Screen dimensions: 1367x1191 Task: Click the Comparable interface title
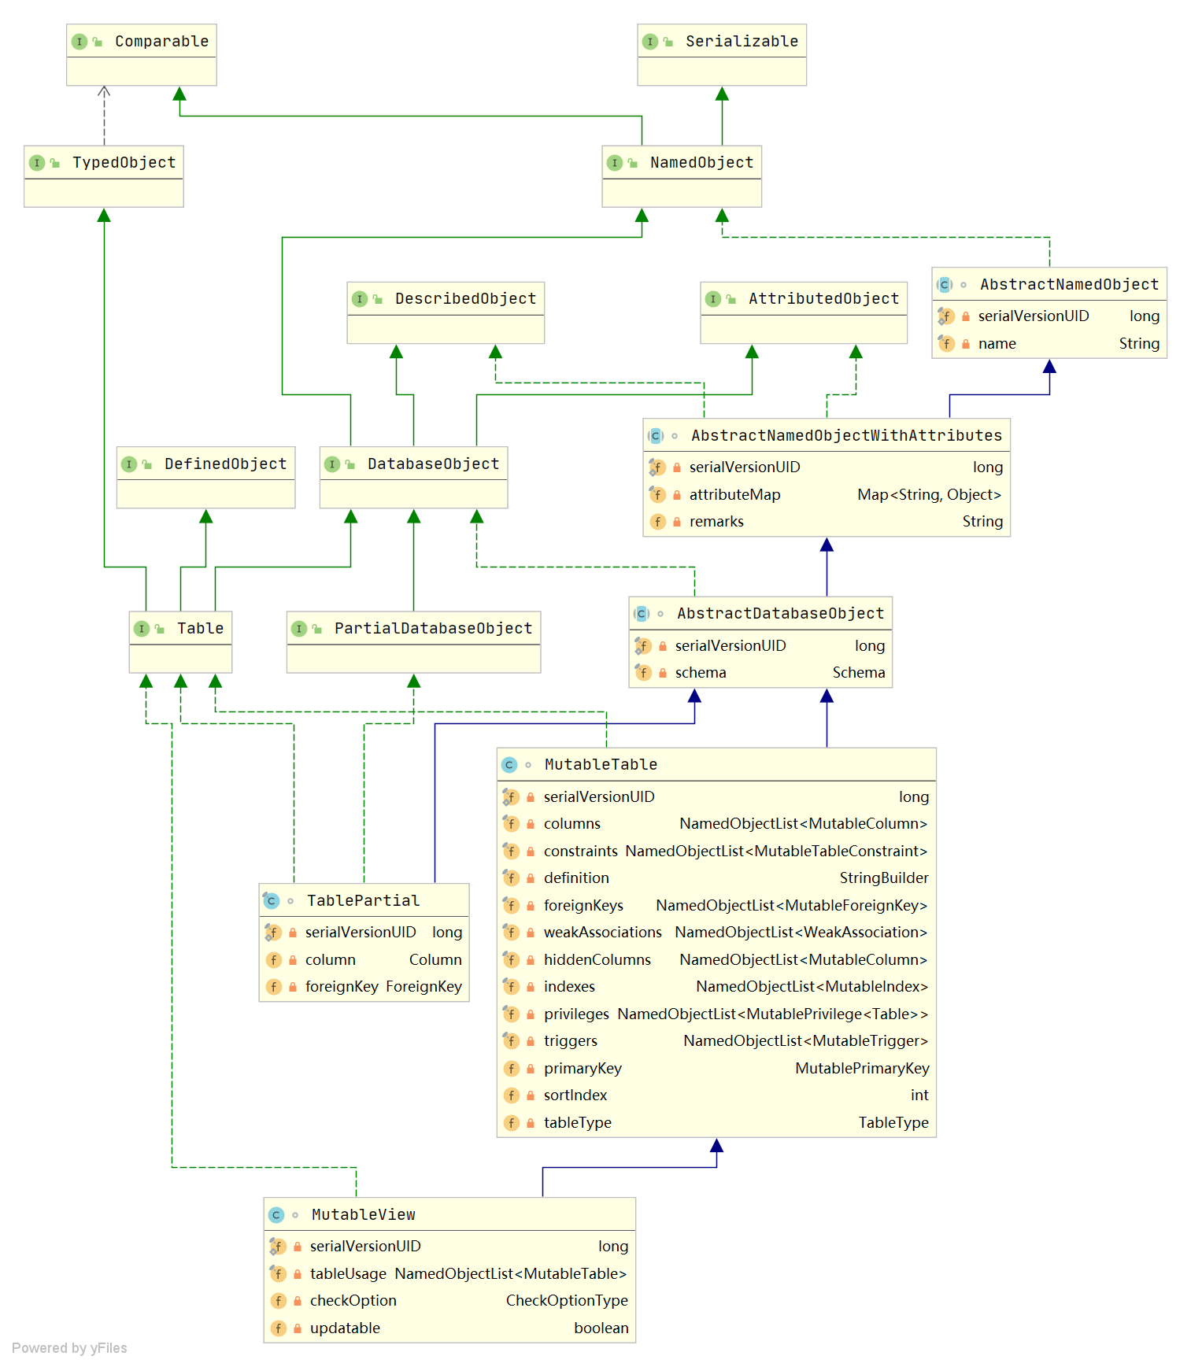tap(161, 41)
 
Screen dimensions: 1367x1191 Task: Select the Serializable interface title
tap(741, 41)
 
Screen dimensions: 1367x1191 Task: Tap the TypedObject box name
tap(124, 162)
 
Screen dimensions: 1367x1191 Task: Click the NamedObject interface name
tap(701, 162)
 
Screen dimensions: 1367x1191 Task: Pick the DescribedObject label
tap(464, 298)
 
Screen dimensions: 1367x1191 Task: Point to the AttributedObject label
tap(823, 298)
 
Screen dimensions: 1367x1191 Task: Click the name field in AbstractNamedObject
tap(997, 343)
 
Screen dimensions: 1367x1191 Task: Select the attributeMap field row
tap(734, 494)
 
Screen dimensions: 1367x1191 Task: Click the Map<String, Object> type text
tap(929, 494)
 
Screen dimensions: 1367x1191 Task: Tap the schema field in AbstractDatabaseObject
tap(700, 672)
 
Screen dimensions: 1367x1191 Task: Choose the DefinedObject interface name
tap(225, 464)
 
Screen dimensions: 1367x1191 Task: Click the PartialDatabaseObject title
tap(433, 628)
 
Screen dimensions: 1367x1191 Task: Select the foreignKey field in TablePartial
tap(342, 986)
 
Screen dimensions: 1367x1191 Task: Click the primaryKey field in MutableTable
tap(583, 1068)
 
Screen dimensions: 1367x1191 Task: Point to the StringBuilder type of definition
tap(883, 877)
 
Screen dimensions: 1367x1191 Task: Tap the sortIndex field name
tap(575, 1095)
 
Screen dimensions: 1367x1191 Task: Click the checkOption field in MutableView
tap(353, 1300)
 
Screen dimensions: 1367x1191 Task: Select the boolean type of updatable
tap(601, 1328)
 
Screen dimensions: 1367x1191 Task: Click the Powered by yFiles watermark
tap(69, 1347)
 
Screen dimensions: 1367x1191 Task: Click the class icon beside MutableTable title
tap(509, 764)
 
